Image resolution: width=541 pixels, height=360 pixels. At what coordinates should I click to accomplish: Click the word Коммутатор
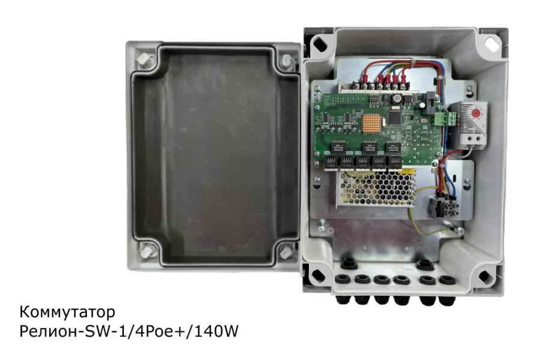point(67,313)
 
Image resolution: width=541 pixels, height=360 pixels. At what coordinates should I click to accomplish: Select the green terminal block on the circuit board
point(445,118)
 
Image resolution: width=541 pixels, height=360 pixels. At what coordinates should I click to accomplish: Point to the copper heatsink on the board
point(370,122)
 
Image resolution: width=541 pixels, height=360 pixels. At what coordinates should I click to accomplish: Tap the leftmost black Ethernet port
point(332,162)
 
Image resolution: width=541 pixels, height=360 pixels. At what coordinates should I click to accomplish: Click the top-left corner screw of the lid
point(144,59)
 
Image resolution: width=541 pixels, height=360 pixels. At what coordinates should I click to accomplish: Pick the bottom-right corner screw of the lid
point(286,253)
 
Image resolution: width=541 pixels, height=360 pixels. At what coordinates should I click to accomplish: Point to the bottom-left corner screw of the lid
point(144,253)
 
